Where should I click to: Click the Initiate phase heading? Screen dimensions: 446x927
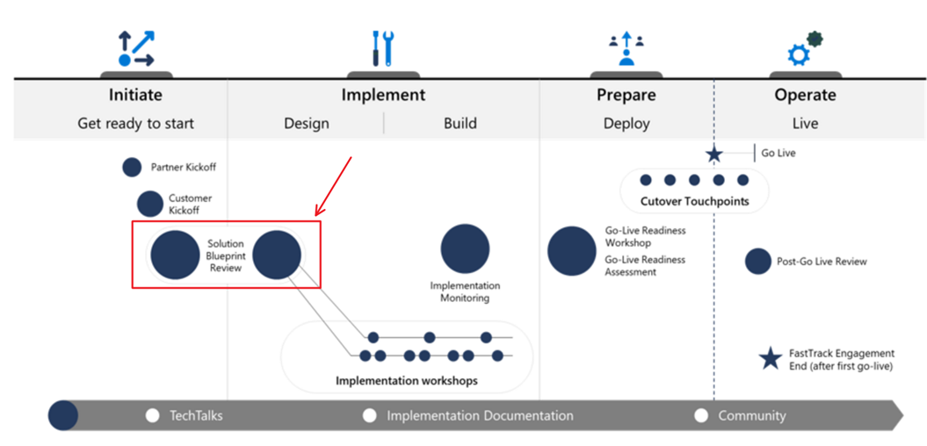coord(135,95)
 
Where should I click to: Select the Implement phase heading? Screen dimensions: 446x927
coord(383,95)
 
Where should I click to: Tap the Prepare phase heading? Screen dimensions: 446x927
coord(626,95)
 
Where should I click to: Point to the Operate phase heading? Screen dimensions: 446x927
coord(805,95)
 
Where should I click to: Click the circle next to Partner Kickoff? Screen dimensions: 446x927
coord(132,167)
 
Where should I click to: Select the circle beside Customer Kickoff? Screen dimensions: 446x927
coord(150,204)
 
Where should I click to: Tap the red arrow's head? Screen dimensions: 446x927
coord(318,213)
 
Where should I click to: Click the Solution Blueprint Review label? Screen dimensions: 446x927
coord(226,255)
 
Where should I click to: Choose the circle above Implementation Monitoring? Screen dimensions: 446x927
coord(465,248)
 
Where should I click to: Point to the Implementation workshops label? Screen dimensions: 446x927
coord(407,381)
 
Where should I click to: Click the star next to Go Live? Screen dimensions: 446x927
coord(714,155)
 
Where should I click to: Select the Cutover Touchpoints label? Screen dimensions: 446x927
coord(694,201)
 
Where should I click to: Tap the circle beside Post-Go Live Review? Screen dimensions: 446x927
coord(757,261)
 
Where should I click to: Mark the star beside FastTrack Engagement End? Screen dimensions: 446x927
coord(771,358)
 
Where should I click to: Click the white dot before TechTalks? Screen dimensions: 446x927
coord(153,415)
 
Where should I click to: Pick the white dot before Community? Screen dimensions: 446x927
coord(701,415)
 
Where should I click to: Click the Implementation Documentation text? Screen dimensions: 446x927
coord(480,415)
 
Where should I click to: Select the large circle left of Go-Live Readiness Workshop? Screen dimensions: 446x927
coord(572,251)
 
